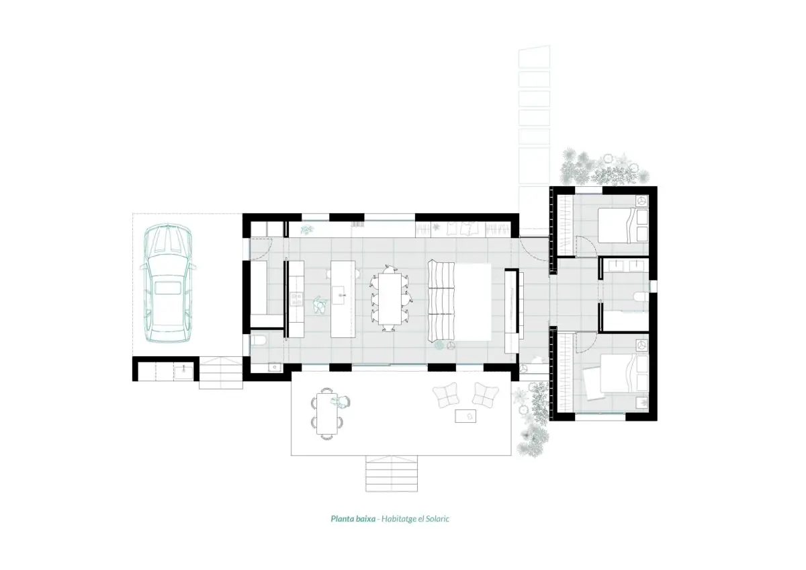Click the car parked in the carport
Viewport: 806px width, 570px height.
(168, 283)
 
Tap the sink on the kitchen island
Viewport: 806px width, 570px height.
(339, 295)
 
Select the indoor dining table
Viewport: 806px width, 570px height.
(390, 298)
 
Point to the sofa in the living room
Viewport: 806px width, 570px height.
(441, 301)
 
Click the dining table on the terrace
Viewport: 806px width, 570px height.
(327, 414)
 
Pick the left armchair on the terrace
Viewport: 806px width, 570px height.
(446, 395)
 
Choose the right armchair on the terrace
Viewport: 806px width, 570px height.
(485, 395)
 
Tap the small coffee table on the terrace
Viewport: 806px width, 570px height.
(465, 416)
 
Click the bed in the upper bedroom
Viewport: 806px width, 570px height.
(623, 225)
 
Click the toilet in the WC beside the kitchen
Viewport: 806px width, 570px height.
(258, 339)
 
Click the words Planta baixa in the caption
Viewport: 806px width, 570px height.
(353, 519)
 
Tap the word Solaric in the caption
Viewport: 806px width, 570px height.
(437, 519)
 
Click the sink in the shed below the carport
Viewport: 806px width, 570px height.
(183, 370)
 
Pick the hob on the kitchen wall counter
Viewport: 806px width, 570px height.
(296, 299)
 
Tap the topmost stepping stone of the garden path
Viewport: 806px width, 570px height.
(535, 56)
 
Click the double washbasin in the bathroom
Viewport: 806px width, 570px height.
(627, 266)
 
